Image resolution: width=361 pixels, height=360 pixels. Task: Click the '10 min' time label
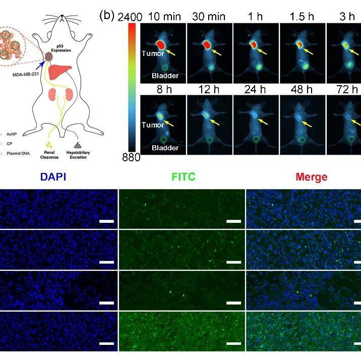(x=163, y=17)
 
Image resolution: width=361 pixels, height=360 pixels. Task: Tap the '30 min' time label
(x=209, y=17)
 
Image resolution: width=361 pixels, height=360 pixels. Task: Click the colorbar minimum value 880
(x=130, y=157)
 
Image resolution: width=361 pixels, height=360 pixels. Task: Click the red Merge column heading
(x=312, y=177)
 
